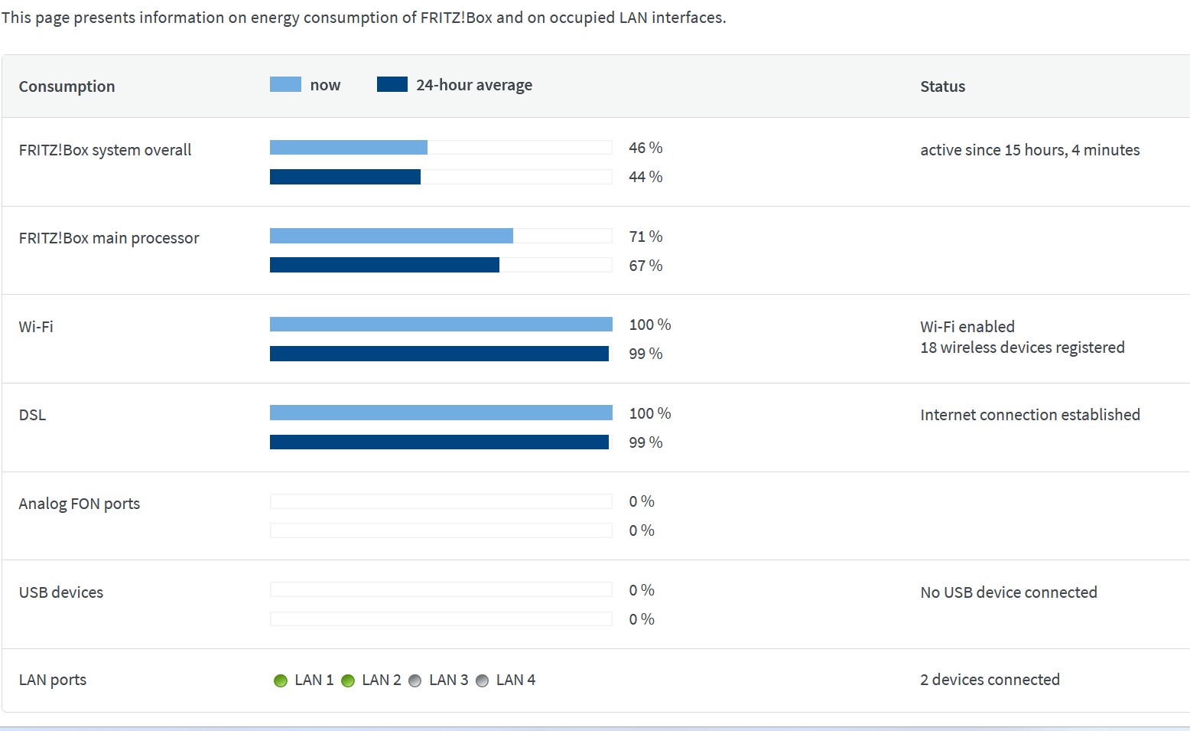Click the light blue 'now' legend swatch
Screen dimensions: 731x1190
pyautogui.click(x=285, y=84)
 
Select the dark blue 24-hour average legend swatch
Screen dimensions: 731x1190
pyautogui.click(x=392, y=84)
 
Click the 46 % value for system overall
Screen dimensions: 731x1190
pyautogui.click(x=645, y=148)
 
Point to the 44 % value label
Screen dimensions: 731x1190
pyautogui.click(x=645, y=177)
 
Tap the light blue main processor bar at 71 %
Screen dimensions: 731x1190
pyautogui.click(x=391, y=236)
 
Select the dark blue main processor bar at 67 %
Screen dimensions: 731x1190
pyautogui.click(x=384, y=265)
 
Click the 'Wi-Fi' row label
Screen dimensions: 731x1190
pyautogui.click(x=36, y=327)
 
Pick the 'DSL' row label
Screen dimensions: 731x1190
pyautogui.click(x=32, y=415)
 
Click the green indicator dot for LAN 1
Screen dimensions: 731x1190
pyautogui.click(x=281, y=680)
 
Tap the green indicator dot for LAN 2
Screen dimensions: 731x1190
pyautogui.click(x=348, y=680)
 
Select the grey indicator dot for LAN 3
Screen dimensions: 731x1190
pyautogui.click(x=415, y=680)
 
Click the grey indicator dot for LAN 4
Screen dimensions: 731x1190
pyautogui.click(x=483, y=680)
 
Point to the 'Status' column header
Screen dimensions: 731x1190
pyautogui.click(x=942, y=86)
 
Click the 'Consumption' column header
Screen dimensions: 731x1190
pyautogui.click(x=67, y=86)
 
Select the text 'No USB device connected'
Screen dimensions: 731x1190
pyautogui.click(x=1008, y=592)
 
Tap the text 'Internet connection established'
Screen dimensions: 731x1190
pyautogui.click(x=1029, y=415)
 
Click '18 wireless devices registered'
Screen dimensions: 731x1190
pyautogui.click(x=1022, y=348)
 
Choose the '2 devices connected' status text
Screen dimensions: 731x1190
pyautogui.click(x=990, y=680)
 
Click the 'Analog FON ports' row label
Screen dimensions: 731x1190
pyautogui.click(x=80, y=504)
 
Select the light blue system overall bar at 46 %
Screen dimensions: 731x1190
pyautogui.click(x=348, y=147)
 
